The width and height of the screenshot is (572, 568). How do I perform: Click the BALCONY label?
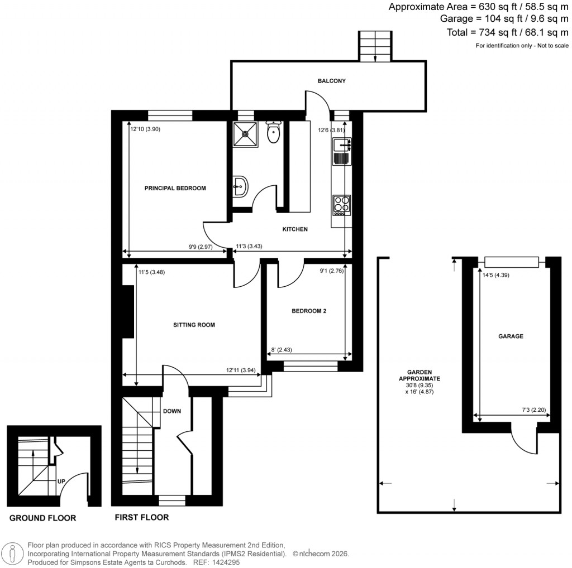coord(332,81)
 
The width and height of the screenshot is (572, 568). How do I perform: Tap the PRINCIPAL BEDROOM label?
coord(175,189)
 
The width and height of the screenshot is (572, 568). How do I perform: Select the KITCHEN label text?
coord(294,229)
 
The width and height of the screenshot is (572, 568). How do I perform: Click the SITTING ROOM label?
coord(194,325)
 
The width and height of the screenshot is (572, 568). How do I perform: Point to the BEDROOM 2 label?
coord(309,311)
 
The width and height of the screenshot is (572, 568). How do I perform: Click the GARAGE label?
coord(511,336)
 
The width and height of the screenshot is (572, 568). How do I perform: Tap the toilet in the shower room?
coord(273,134)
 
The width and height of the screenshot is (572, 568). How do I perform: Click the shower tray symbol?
coord(246,134)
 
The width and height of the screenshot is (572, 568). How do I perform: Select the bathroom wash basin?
coord(241,186)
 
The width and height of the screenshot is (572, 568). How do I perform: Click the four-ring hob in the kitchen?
coord(341,204)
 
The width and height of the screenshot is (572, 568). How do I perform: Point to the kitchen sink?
coord(341,146)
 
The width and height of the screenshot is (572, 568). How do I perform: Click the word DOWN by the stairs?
coord(171,411)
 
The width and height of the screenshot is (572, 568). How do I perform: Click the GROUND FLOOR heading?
coord(42,518)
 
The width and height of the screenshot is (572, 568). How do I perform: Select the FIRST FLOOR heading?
coord(141,517)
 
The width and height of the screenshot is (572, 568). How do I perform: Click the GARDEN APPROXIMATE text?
coord(423,374)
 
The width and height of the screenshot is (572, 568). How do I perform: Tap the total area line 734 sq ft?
coord(507,32)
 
